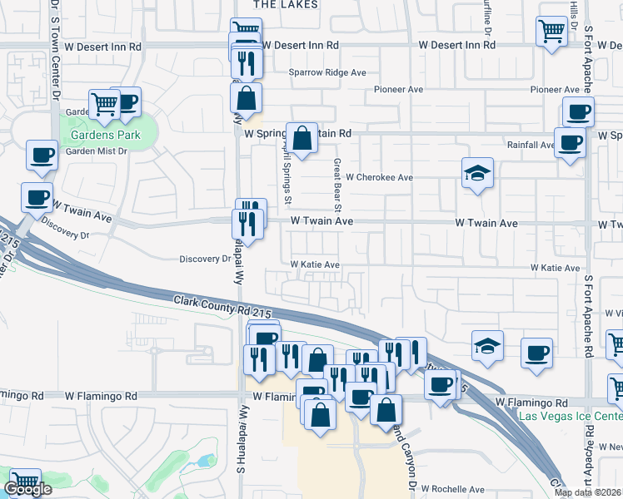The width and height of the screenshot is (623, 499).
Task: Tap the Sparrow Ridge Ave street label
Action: (x=327, y=72)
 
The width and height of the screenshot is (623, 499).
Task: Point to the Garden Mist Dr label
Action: (x=97, y=151)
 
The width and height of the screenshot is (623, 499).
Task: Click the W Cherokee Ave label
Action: (x=380, y=177)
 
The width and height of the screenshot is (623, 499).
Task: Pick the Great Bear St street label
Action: (x=338, y=185)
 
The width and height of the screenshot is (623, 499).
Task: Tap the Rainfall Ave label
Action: (x=531, y=145)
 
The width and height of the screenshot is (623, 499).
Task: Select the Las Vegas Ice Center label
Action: (x=570, y=416)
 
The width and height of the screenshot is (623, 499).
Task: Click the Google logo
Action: (x=27, y=489)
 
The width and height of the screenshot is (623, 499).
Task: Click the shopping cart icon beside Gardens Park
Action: (x=105, y=103)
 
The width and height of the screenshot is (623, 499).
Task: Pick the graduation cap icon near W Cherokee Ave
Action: (x=476, y=173)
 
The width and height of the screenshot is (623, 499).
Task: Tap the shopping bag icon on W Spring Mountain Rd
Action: (x=302, y=136)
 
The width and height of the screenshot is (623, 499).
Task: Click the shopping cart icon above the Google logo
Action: (x=25, y=481)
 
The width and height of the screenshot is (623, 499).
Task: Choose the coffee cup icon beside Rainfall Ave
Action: (x=571, y=141)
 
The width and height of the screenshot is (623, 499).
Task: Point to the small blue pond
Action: (x=205, y=461)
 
